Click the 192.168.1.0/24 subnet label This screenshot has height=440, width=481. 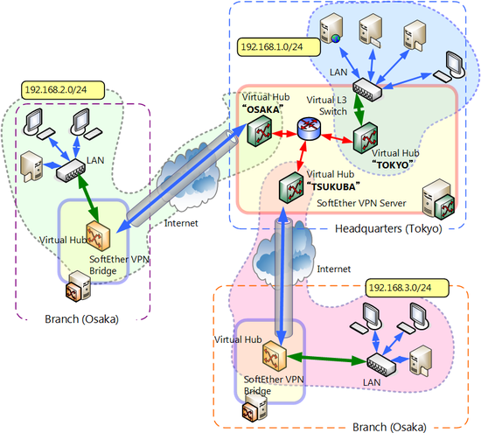[279, 47]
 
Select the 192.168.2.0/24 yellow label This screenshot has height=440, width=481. [63, 90]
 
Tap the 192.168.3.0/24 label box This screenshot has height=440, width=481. [408, 288]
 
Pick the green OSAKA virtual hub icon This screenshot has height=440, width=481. [260, 133]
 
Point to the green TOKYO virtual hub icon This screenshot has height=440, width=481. [365, 137]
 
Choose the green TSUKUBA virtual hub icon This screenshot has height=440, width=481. [291, 187]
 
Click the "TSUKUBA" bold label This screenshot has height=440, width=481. [333, 186]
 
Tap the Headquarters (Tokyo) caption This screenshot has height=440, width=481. [388, 228]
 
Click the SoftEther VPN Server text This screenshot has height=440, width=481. [361, 203]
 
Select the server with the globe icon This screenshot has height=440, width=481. [331, 28]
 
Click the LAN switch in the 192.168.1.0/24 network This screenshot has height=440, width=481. [367, 89]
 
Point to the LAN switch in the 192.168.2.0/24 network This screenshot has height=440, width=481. [71, 171]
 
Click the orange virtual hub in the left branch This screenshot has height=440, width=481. [98, 236]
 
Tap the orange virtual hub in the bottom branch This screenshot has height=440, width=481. [275, 356]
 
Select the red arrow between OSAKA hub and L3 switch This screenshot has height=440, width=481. [285, 134]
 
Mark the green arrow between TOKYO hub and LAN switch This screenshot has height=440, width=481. [359, 108]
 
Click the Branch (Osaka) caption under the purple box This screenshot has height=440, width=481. [81, 319]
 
